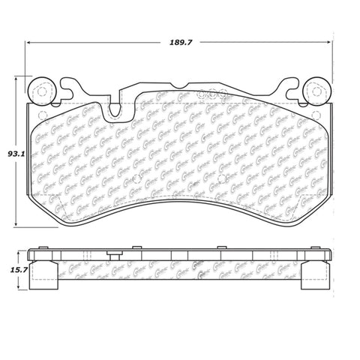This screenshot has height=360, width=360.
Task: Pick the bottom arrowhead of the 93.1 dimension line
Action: pyautogui.click(x=19, y=225)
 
